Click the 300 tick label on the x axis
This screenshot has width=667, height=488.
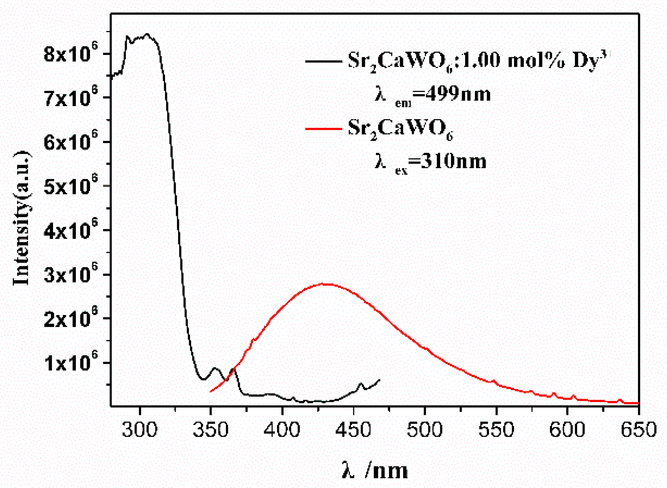point(140,430)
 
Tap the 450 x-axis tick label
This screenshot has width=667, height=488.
point(353,430)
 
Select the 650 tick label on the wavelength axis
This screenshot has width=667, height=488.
point(638,430)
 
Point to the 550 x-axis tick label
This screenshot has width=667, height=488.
point(496,430)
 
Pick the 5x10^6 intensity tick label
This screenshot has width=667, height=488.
point(71,186)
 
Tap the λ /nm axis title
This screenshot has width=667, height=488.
point(374,470)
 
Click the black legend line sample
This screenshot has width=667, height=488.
point(324,61)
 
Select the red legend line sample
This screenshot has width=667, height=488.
point(324,129)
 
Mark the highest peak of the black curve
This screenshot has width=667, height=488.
point(147,34)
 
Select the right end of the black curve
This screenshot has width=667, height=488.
point(379,380)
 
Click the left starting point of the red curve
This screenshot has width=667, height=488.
point(211,392)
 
